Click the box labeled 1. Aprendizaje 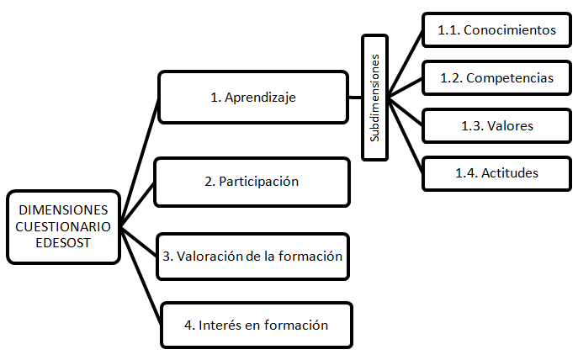click(x=253, y=97)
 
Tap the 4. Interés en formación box click(x=256, y=325)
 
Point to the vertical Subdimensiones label click(x=375, y=97)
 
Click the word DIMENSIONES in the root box click(x=64, y=209)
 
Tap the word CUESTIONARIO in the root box click(x=64, y=225)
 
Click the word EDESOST click(x=64, y=241)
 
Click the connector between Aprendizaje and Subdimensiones click(x=355, y=97)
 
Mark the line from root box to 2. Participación click(x=138, y=203)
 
